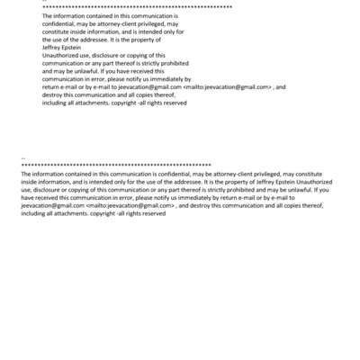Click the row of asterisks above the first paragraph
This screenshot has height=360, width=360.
pos(135,7)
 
